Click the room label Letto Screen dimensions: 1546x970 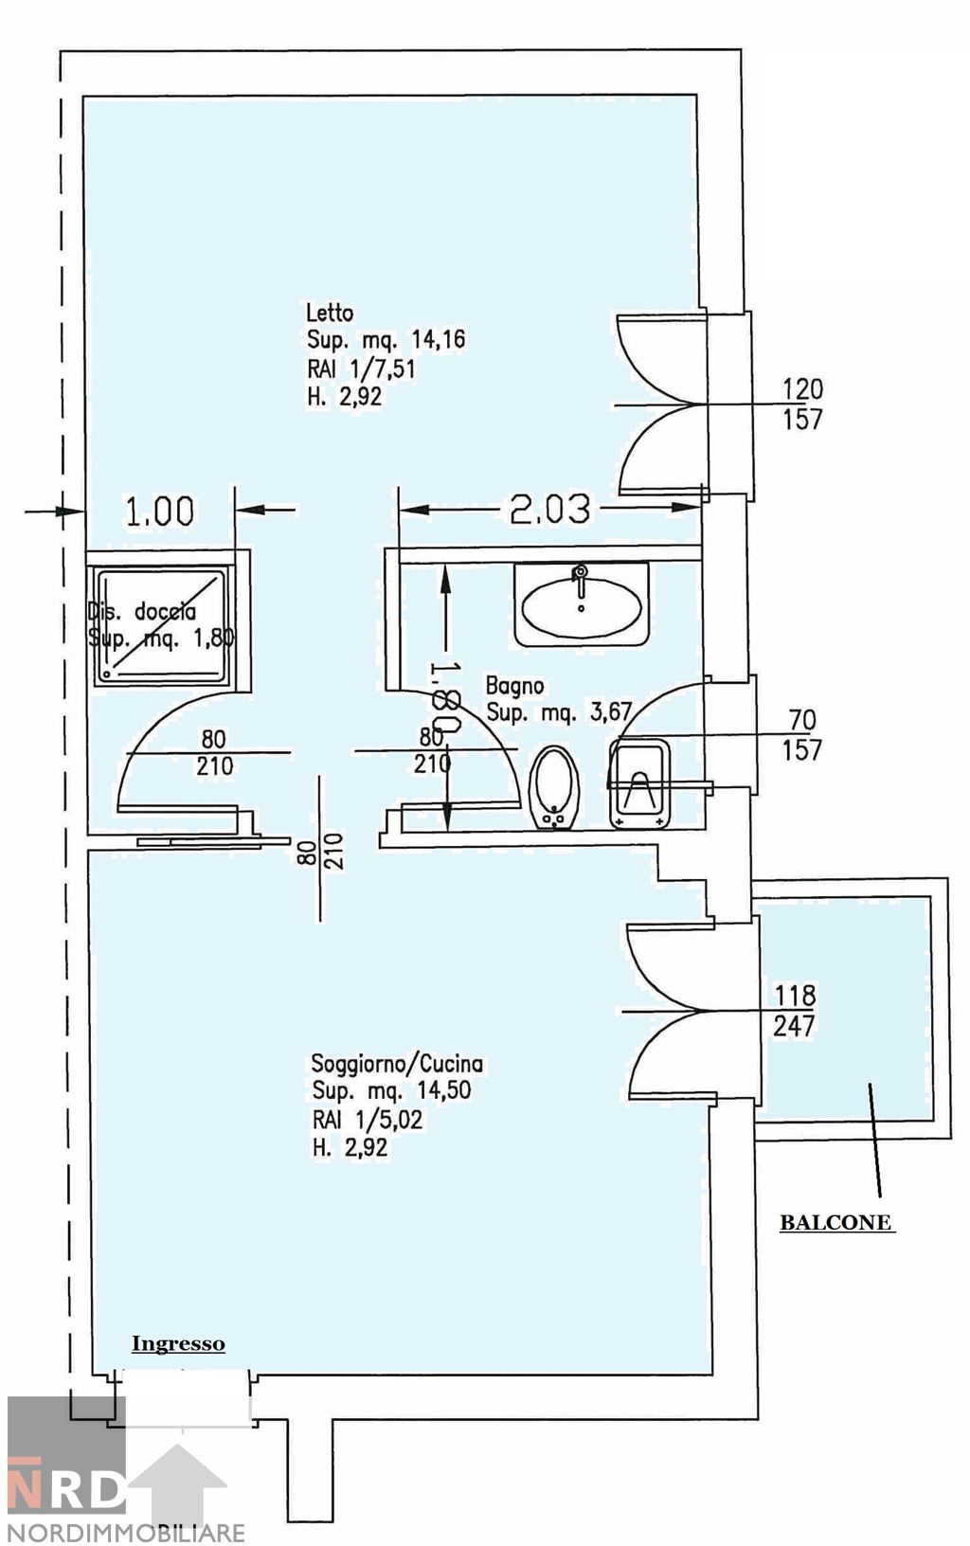[330, 313]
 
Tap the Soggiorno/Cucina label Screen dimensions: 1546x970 [397, 1064]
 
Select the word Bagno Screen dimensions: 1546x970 [514, 685]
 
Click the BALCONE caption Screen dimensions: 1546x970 [835, 1223]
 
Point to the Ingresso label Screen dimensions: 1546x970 [178, 1343]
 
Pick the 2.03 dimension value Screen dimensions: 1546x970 [549, 510]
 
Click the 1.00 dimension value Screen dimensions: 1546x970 [160, 512]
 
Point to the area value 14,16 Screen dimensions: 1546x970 [438, 340]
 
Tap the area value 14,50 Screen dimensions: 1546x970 [443, 1090]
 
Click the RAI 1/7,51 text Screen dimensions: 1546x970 [361, 368]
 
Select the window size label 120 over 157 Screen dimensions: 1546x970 [802, 404]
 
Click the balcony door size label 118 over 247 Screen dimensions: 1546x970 [795, 1010]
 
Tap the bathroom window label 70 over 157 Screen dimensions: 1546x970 [801, 735]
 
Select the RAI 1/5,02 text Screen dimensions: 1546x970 [367, 1119]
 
